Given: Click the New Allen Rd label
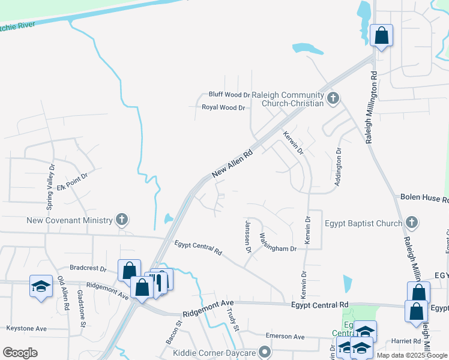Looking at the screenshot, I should click(232, 164).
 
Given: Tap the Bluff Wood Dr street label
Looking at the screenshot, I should click(229, 95).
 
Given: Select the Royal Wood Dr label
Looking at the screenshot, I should click(223, 108).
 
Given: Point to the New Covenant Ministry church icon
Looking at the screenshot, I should click(122, 220).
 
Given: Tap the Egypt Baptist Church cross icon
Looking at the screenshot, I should click(411, 223).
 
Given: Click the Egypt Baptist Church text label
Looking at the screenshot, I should click(363, 224).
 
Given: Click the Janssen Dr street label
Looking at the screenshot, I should click(248, 235).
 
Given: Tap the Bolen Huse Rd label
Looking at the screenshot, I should click(424, 197).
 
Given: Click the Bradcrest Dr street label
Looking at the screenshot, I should click(88, 269).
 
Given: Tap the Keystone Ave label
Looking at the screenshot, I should click(26, 329).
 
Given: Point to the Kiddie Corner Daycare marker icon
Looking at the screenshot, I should click(264, 352).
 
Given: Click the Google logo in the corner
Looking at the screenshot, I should click(20, 353).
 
